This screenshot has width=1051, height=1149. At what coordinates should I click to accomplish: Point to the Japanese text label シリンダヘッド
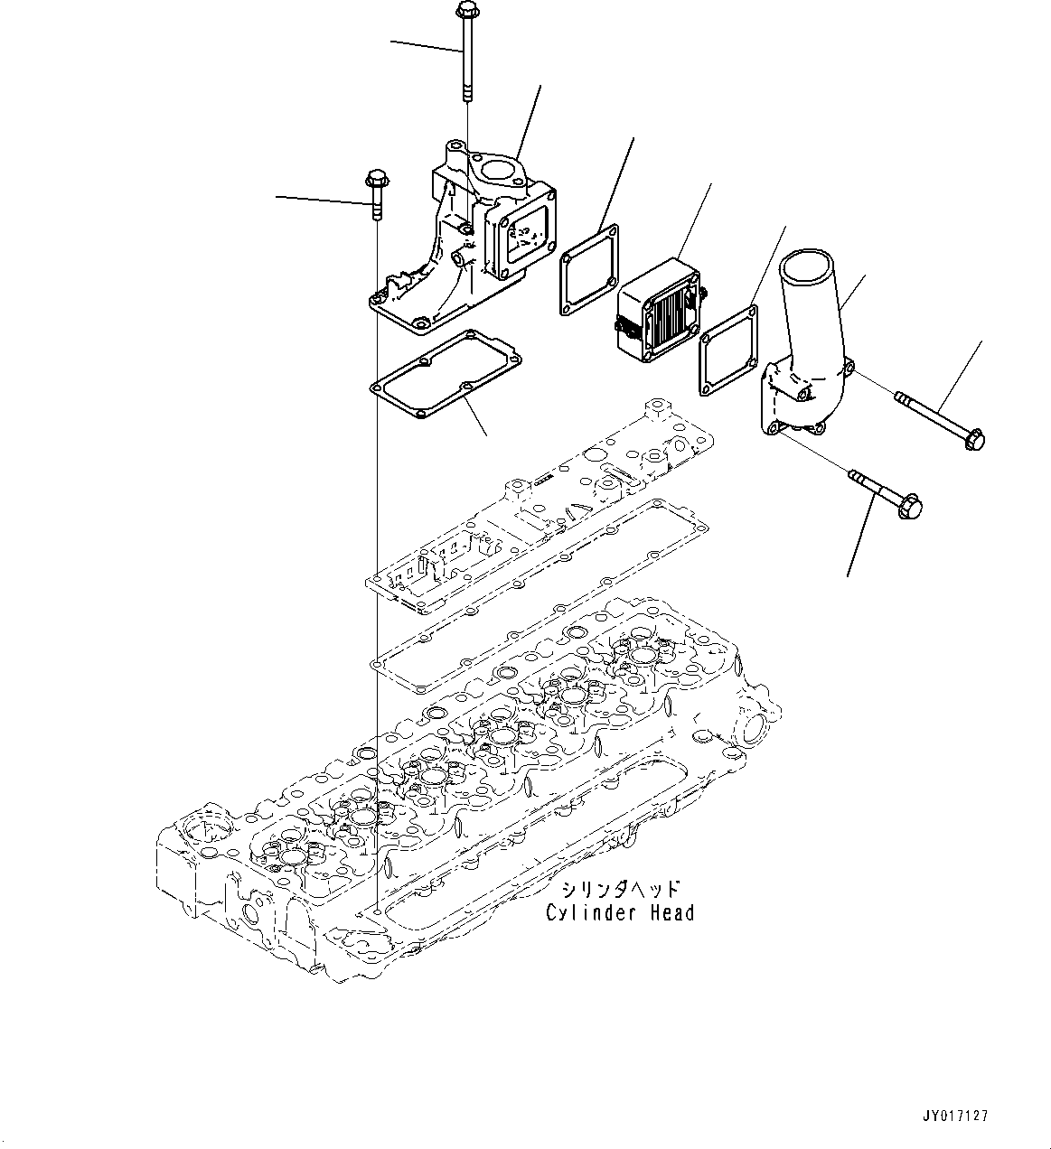618,891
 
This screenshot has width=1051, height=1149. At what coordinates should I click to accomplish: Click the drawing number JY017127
956,1116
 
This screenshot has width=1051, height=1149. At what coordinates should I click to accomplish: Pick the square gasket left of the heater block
588,270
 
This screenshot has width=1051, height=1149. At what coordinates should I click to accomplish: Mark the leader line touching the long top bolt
425,47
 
